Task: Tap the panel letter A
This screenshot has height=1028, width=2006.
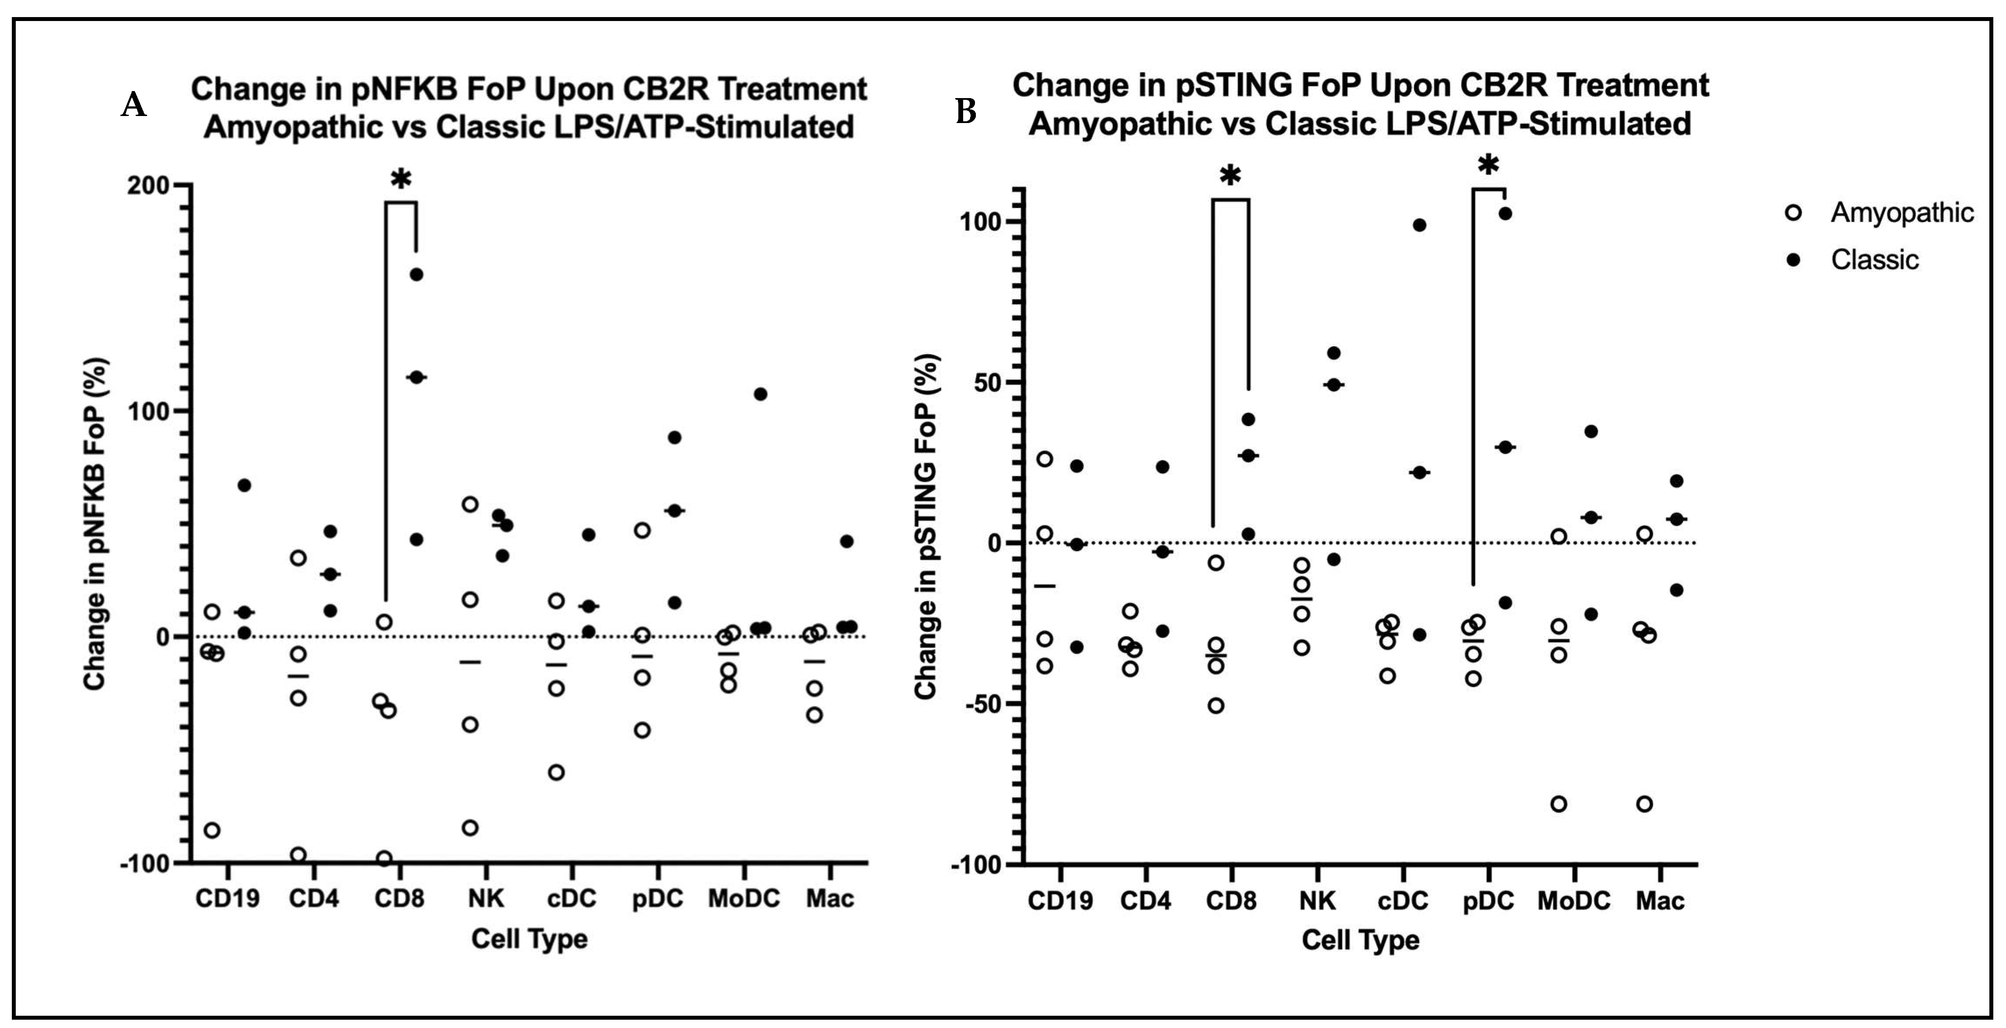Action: [134, 104]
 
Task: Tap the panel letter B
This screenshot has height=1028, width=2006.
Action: [966, 112]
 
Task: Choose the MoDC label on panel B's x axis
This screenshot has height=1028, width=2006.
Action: [1574, 901]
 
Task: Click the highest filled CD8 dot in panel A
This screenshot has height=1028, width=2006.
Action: [417, 274]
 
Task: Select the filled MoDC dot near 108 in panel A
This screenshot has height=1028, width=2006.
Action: [761, 394]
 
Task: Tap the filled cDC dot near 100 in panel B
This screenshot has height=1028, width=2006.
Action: [1420, 225]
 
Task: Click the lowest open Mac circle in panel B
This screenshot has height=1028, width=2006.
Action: [1645, 804]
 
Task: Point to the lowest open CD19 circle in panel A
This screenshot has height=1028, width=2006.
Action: [212, 830]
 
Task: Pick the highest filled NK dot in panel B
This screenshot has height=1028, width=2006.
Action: [1334, 353]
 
